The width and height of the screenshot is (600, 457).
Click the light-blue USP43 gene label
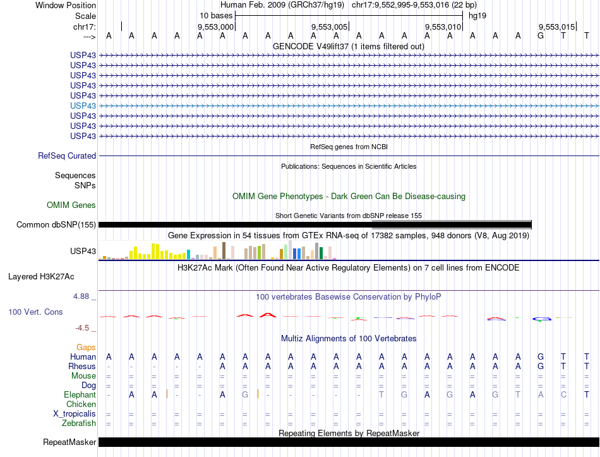coord(83,106)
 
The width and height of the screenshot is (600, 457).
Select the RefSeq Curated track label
coord(67,155)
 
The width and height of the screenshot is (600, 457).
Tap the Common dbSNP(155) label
coord(56,224)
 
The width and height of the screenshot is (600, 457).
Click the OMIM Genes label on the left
coord(71,205)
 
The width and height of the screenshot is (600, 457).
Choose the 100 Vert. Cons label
coord(36,312)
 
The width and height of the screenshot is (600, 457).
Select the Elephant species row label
coord(80,394)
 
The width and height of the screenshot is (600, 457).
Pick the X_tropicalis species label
coord(75,413)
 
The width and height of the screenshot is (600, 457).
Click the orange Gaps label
coord(86,347)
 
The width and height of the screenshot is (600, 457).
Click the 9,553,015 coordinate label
coord(556,27)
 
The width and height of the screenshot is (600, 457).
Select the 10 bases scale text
coord(216,15)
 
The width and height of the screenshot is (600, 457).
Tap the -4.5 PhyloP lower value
coord(83,328)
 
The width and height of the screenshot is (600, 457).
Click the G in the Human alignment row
coord(541,357)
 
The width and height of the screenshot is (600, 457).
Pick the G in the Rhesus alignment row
coord(541,367)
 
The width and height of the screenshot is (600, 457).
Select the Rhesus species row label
coord(82,367)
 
